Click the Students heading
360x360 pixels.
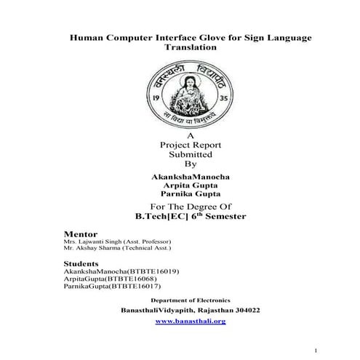81,263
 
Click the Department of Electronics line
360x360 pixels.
190,300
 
